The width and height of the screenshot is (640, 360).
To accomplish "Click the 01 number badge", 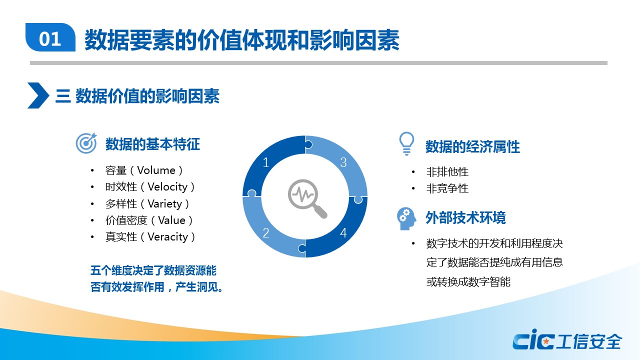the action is click(50, 37).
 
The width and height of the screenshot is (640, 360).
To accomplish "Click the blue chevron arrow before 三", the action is click(38, 95).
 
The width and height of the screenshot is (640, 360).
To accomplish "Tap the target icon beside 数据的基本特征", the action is click(86, 143).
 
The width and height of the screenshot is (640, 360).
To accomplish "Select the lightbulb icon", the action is click(406, 143).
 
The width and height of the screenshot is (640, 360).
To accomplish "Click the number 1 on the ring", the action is click(266, 162).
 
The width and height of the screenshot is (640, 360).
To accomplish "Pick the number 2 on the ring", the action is click(266, 233).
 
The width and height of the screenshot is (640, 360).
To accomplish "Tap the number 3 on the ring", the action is click(343, 162).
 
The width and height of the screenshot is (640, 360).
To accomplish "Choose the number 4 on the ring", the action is click(343, 233).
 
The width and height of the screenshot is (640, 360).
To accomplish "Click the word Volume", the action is click(156, 170).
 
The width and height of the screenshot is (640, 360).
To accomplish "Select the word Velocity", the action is click(167, 187).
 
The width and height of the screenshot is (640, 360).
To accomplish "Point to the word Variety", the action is click(165, 203).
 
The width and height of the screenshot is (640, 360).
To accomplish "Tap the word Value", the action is click(171, 220).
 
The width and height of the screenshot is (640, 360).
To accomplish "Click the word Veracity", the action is click(167, 237).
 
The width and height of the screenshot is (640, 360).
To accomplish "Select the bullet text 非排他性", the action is click(447, 172).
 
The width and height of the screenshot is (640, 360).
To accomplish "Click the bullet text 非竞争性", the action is click(447, 188).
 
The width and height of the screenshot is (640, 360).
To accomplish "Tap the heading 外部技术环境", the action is click(465, 217).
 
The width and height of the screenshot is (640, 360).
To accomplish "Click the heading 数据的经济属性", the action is click(472, 147).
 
